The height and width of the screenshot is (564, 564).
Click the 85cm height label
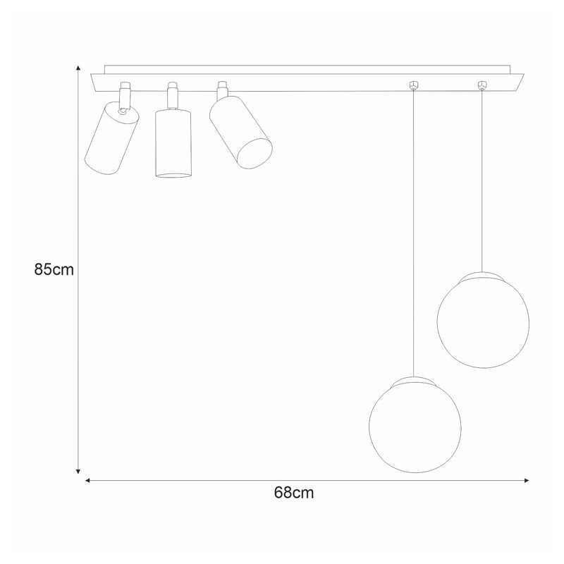54,269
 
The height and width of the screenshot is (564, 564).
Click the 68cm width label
293,493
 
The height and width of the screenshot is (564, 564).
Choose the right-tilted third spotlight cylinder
242,132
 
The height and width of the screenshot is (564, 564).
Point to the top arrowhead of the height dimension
78,68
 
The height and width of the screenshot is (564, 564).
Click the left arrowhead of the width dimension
89,481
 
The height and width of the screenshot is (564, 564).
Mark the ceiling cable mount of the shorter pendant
483,85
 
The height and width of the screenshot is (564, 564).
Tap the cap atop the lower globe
415,381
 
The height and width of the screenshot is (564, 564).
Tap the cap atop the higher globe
483,274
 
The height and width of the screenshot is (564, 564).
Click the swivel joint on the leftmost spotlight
123,110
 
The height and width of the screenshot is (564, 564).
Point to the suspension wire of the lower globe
415,233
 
